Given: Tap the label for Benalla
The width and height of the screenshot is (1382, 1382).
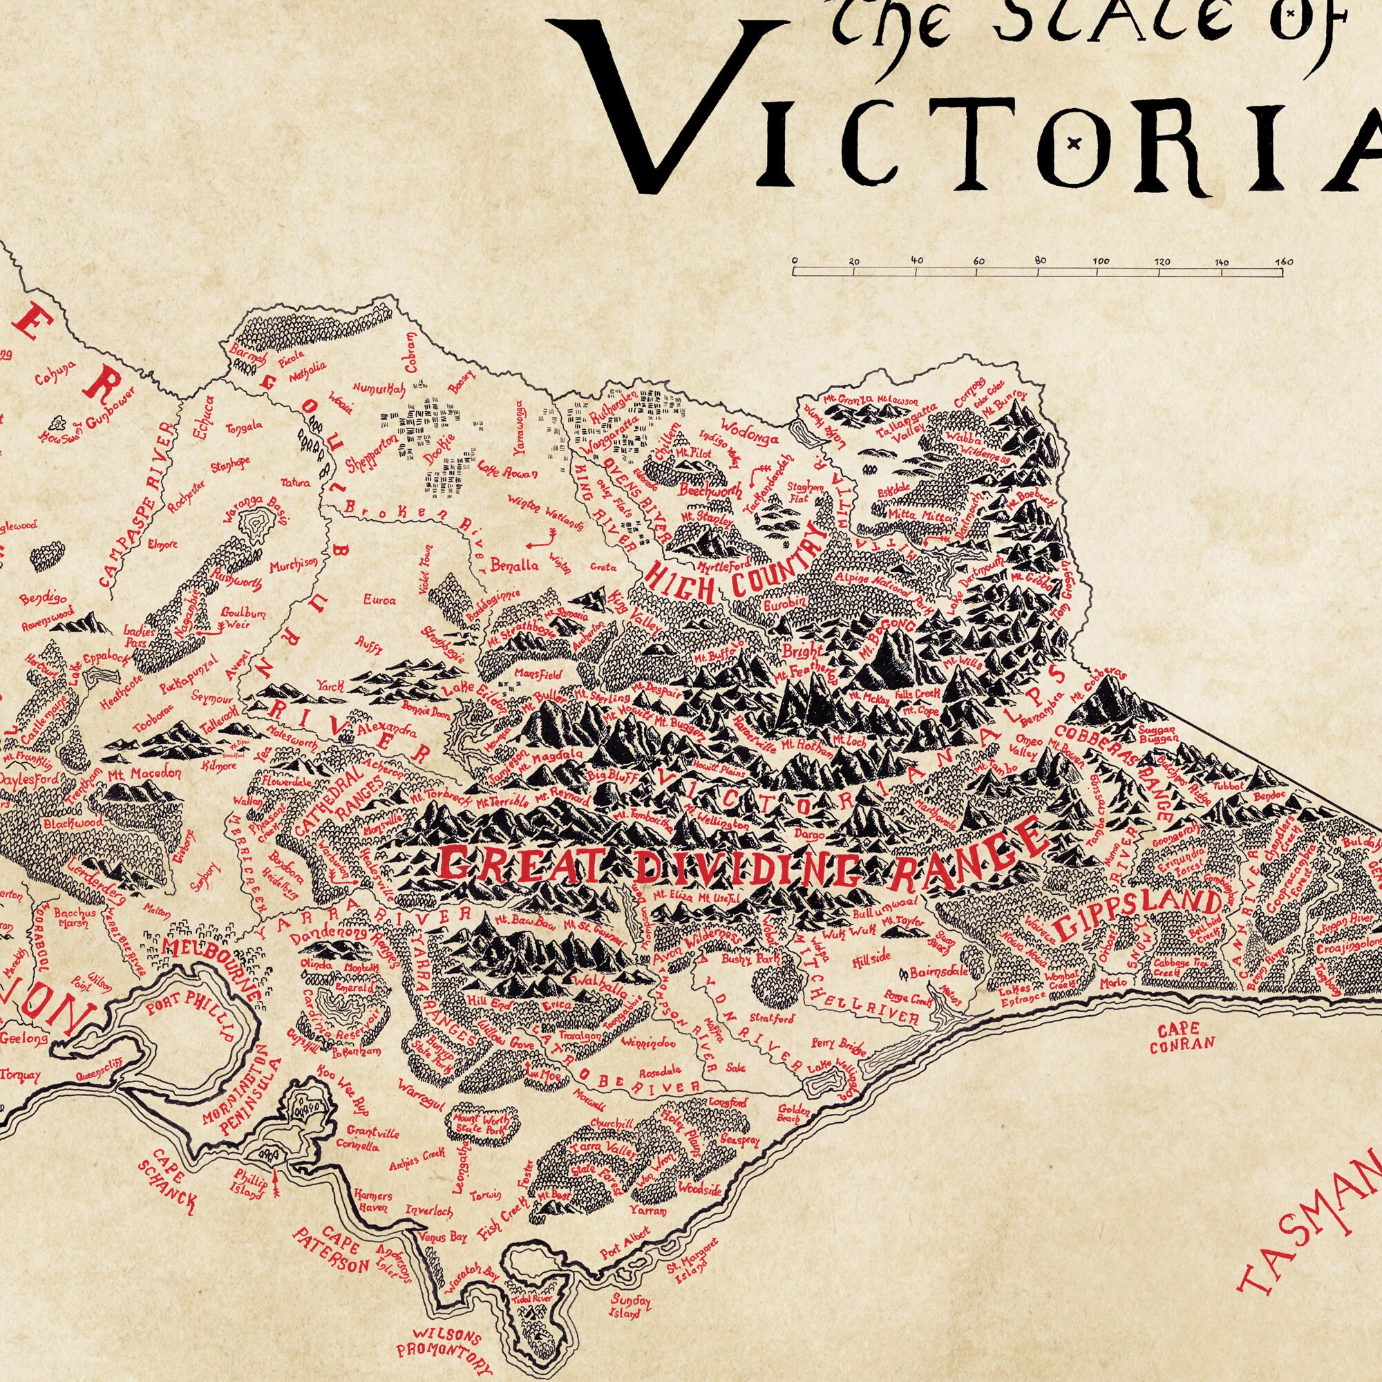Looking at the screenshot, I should coord(515,565).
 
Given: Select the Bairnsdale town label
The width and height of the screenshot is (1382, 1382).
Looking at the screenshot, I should coord(939,973).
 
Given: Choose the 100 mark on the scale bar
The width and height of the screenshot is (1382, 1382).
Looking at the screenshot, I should coord(1101,261).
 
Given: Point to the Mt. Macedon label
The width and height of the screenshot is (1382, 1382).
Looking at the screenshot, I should coord(135,774).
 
